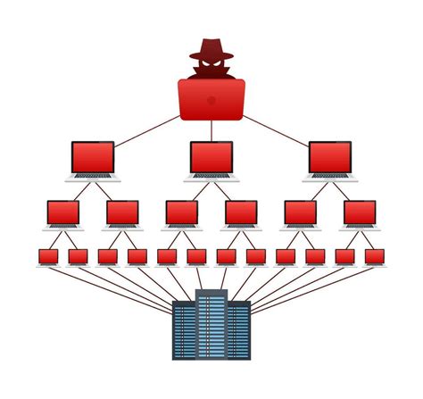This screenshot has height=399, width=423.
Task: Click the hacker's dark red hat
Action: coord(211,48)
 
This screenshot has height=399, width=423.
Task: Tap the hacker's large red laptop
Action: coord(211,100)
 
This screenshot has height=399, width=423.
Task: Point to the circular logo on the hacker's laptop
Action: coord(211,100)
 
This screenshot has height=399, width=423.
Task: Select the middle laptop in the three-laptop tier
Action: coord(211,158)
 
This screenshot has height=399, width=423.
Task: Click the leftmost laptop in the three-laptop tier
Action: coord(93,158)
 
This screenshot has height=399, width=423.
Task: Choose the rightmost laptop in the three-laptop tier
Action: coord(330,158)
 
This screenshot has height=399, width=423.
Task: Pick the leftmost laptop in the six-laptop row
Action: coord(63,213)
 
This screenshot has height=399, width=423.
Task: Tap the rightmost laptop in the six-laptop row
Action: coord(360,213)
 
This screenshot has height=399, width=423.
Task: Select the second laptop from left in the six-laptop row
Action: coord(122,213)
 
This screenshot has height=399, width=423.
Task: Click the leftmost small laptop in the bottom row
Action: coord(48,257)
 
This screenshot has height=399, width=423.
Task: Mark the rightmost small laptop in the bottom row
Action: coord(375,257)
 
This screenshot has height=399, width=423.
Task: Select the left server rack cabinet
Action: coord(184,330)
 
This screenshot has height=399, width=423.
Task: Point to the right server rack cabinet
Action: coord(239,330)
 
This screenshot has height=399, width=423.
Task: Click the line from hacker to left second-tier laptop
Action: coord(147,129)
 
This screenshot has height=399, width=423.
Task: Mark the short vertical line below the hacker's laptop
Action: coord(211,130)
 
